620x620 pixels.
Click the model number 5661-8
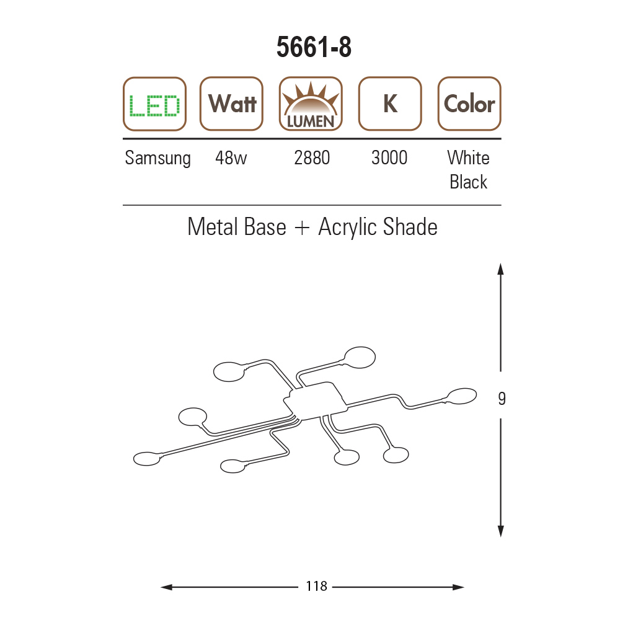click(314, 47)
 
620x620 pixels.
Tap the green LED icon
click(154, 104)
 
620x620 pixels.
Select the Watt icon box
click(232, 104)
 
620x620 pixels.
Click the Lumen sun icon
click(311, 104)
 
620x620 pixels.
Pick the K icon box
click(390, 104)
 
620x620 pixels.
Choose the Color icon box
click(469, 104)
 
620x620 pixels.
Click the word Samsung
click(157, 158)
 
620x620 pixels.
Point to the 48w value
click(231, 157)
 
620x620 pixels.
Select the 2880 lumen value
click(312, 157)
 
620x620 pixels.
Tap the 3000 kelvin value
click(389, 157)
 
